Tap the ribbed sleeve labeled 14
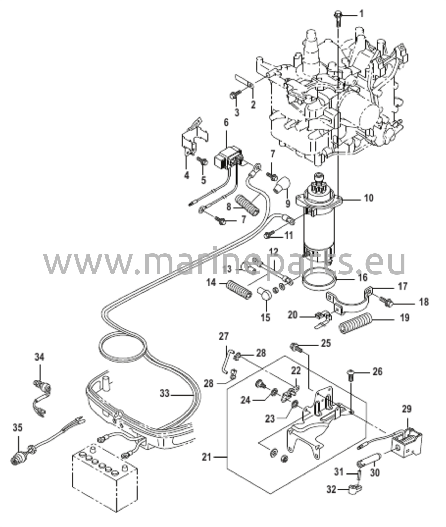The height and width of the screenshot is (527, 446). [239, 291]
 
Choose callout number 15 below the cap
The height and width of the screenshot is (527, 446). [266, 317]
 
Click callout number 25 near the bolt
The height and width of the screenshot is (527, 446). [325, 343]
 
